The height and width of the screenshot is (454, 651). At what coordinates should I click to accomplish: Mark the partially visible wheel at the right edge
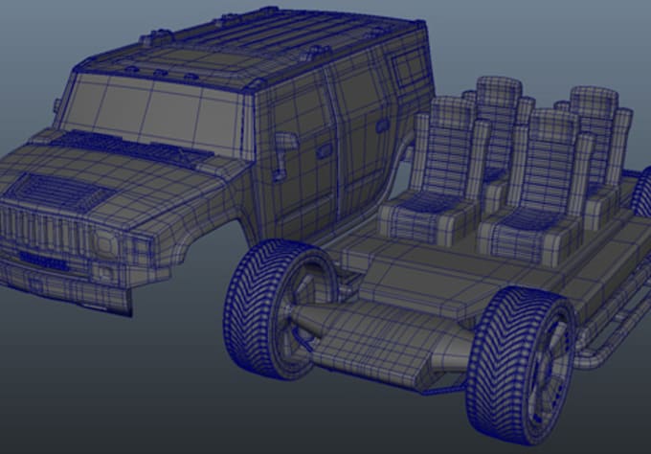click(640, 196)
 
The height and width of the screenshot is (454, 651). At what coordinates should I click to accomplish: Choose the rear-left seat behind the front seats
click(497, 115)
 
